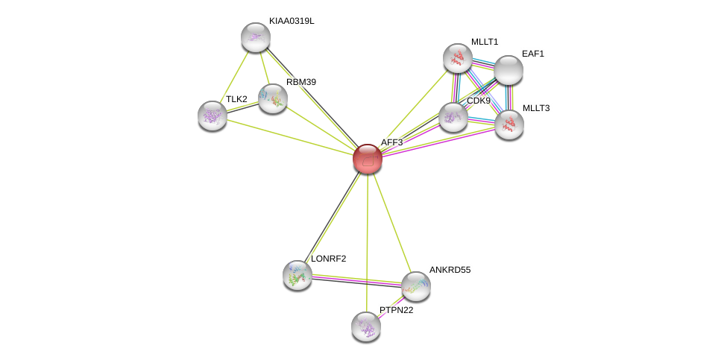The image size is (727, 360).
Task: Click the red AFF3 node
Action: [x=367, y=159]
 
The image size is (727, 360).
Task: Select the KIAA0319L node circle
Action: [x=255, y=37]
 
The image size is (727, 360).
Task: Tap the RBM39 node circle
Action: [x=273, y=98]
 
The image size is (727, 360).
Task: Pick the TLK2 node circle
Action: [x=213, y=115]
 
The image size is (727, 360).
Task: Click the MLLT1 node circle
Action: [x=458, y=58]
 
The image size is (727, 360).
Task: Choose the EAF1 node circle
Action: [x=509, y=70]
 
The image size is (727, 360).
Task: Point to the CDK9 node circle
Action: [x=453, y=117]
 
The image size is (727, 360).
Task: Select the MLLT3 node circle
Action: [x=509, y=124]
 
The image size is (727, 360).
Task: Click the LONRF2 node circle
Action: [x=298, y=275]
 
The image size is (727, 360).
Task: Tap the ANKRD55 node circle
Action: [x=415, y=285]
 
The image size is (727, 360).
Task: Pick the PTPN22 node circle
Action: [x=366, y=326]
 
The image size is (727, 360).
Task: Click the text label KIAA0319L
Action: [x=292, y=21]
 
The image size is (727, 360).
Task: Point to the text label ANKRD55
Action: [x=450, y=270]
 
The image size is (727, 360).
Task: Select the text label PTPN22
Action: [x=396, y=310]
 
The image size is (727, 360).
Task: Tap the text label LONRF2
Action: [x=328, y=259]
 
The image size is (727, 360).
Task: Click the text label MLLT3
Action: [x=535, y=108]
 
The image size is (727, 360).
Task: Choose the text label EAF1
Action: [x=533, y=54]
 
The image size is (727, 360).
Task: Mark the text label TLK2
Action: [x=236, y=99]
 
